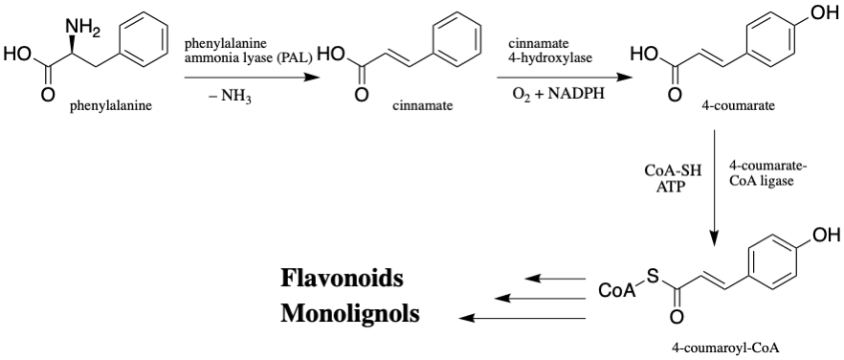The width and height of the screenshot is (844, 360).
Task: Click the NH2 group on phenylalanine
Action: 82,26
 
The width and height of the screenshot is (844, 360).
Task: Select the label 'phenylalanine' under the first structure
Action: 110,106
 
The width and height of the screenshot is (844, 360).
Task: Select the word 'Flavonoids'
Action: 342,280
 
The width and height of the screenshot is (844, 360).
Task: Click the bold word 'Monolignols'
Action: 350,313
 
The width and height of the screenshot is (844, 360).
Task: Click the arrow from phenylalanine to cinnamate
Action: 248,78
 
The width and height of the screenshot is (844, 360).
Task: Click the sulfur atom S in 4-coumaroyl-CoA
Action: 653,277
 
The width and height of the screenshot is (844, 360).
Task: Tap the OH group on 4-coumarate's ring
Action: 825,13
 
